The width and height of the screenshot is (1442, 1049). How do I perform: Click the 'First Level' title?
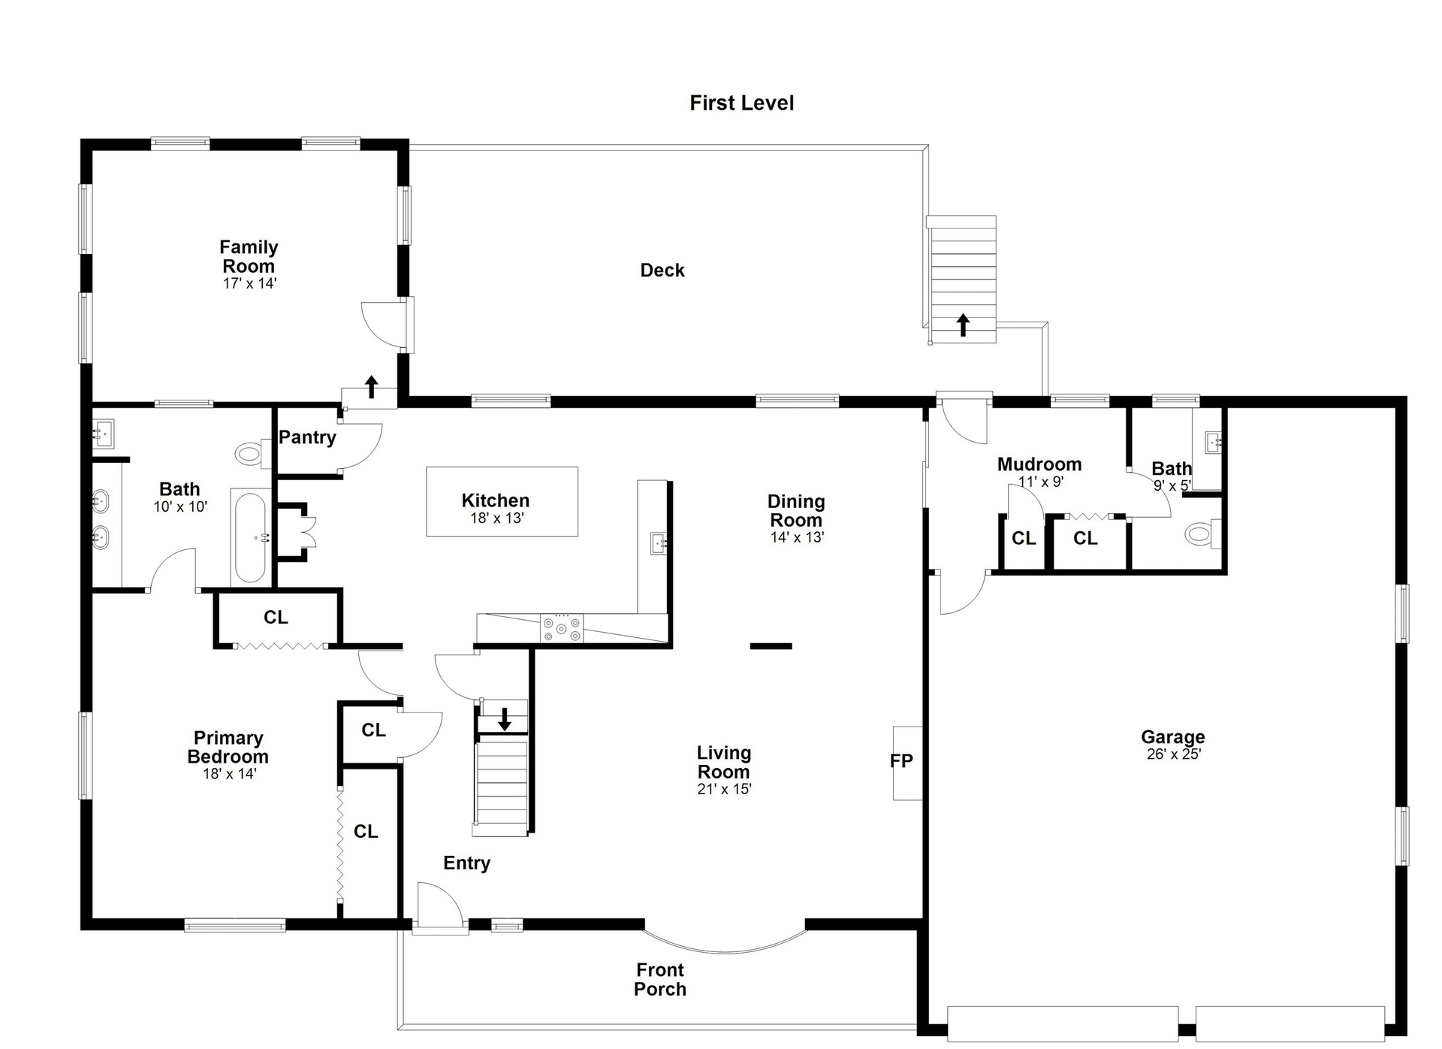741,103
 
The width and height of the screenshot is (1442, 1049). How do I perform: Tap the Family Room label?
249,256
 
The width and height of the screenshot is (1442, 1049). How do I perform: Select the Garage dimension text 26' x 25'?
1173,754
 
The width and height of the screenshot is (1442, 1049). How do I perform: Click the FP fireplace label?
901,761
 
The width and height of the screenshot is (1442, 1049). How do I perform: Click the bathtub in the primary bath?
250,537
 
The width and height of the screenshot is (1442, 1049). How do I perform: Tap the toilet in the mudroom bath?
1202,534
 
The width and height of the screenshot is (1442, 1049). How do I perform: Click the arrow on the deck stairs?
963,325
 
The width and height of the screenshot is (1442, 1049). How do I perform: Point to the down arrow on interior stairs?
505,719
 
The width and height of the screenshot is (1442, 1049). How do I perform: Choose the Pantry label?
307,437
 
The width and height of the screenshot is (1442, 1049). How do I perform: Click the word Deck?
662,271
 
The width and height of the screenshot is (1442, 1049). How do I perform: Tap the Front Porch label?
660,980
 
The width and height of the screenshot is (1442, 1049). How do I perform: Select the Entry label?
466,863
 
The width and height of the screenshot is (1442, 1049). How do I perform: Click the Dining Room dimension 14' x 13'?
797,537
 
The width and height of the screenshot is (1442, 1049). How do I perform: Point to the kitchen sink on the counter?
659,542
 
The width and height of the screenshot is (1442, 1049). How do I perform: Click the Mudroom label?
1039,464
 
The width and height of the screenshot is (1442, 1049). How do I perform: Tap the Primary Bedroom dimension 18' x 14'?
229,773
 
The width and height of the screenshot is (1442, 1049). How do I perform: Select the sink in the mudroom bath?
1212,443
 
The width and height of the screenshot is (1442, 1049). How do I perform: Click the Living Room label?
724,762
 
